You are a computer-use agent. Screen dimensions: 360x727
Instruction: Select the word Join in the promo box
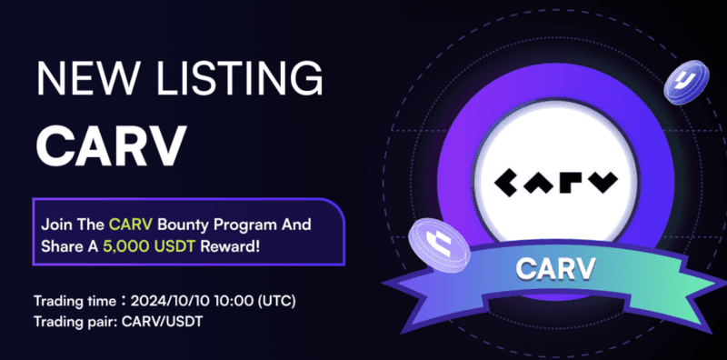tap(56, 223)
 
